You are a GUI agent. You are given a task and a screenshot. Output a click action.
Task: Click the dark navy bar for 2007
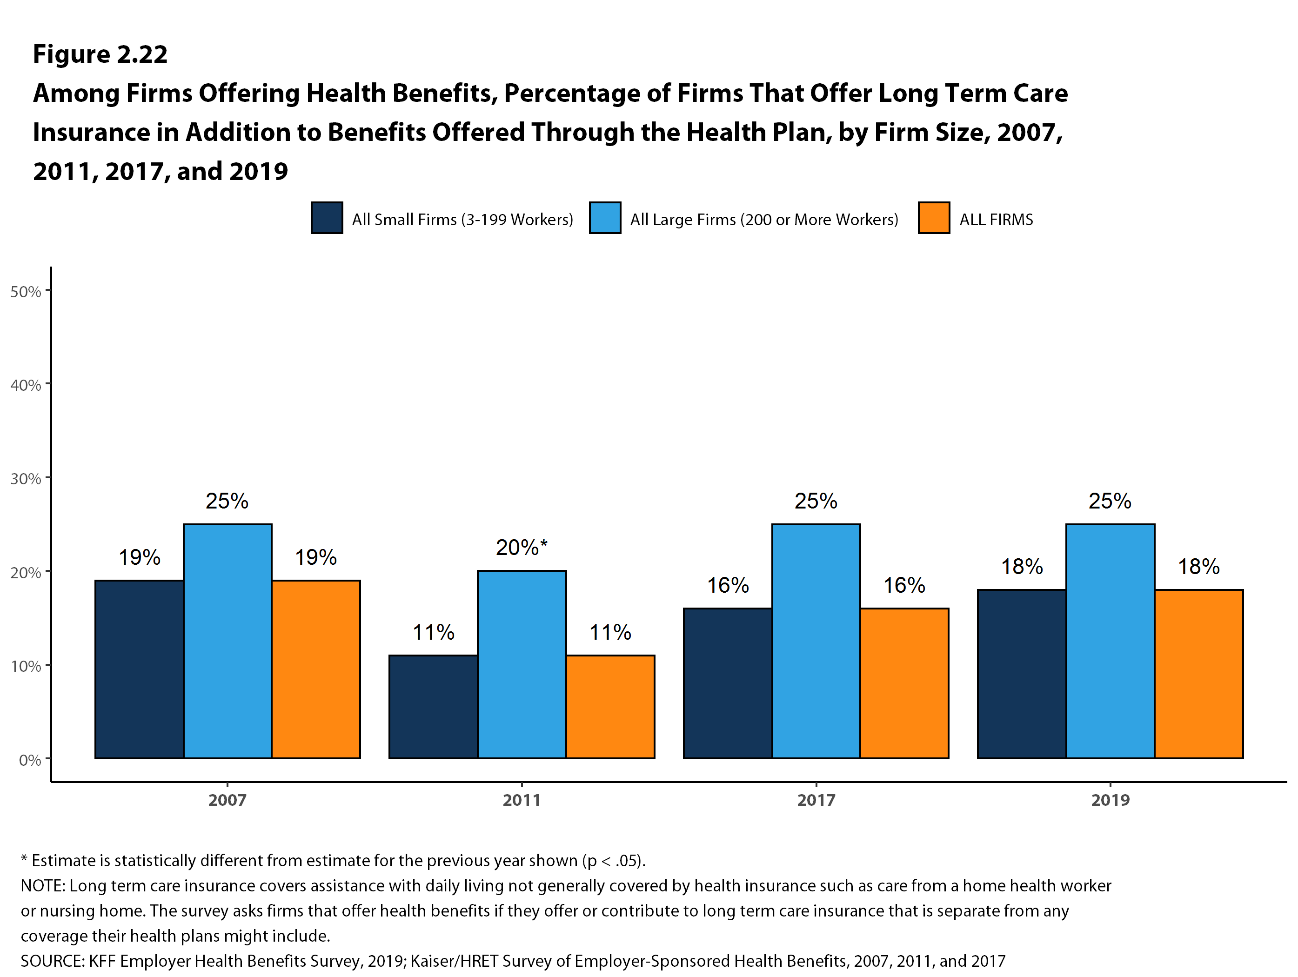click(139, 669)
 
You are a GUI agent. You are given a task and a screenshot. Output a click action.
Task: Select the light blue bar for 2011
click(522, 664)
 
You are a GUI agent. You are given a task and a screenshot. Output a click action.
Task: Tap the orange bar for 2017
click(904, 683)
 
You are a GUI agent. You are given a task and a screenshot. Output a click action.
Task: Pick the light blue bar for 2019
click(1110, 641)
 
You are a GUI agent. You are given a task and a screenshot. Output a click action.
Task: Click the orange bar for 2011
click(610, 707)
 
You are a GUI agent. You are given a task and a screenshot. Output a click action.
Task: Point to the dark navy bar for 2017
click(728, 683)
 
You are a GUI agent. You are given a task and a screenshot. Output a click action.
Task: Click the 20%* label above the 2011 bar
click(521, 548)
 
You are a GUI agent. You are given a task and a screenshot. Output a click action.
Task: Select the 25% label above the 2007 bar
click(227, 501)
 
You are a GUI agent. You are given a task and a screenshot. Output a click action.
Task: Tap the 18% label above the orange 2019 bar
click(1199, 566)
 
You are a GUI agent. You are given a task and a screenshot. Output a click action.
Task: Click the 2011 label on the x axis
click(522, 800)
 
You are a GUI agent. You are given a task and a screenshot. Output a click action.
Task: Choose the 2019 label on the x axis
click(1110, 800)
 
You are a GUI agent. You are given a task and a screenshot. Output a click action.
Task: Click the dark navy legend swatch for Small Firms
click(327, 218)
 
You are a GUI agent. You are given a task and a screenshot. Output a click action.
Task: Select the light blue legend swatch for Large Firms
click(605, 218)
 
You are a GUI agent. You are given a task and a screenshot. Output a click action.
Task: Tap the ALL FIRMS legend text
click(996, 220)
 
